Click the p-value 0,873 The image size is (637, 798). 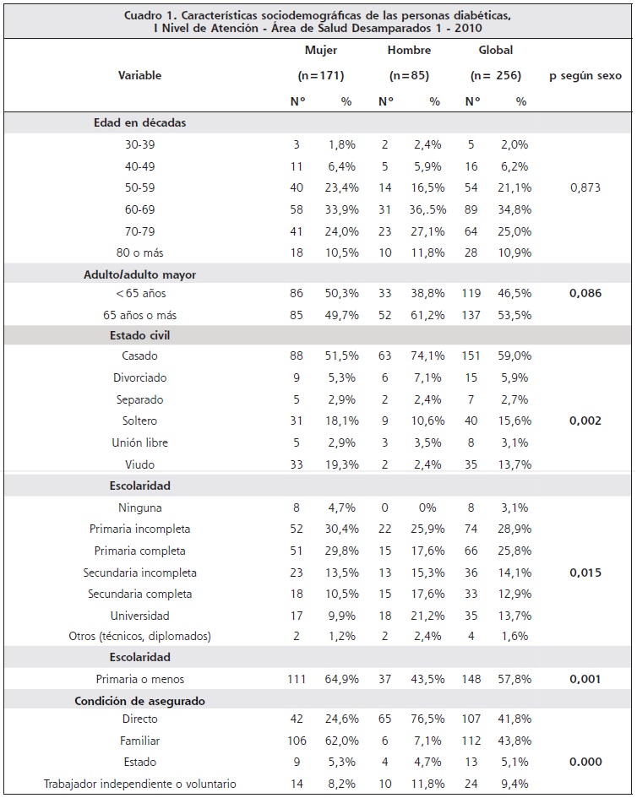point(585,187)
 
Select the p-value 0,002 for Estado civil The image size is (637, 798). point(585,421)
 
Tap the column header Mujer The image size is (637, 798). point(321,51)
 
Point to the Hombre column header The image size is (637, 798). point(409,51)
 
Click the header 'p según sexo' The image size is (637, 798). point(585,76)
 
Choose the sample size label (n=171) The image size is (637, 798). point(321,76)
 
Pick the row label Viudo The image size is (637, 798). point(139,464)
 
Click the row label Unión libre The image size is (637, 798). point(139,442)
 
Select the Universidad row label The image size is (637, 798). point(139,616)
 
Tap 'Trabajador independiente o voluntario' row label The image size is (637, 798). point(139,784)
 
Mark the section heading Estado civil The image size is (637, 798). point(139,336)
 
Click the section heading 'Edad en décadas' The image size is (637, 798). point(139,123)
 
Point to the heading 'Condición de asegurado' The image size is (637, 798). point(139,701)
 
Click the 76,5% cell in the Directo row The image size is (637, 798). point(427,719)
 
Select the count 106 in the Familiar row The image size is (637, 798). point(297,741)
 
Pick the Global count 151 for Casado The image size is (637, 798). point(471,356)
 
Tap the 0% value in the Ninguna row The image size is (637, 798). point(427,508)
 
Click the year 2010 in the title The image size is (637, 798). point(468,29)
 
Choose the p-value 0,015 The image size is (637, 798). point(585,573)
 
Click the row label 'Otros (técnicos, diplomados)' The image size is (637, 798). point(139,636)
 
